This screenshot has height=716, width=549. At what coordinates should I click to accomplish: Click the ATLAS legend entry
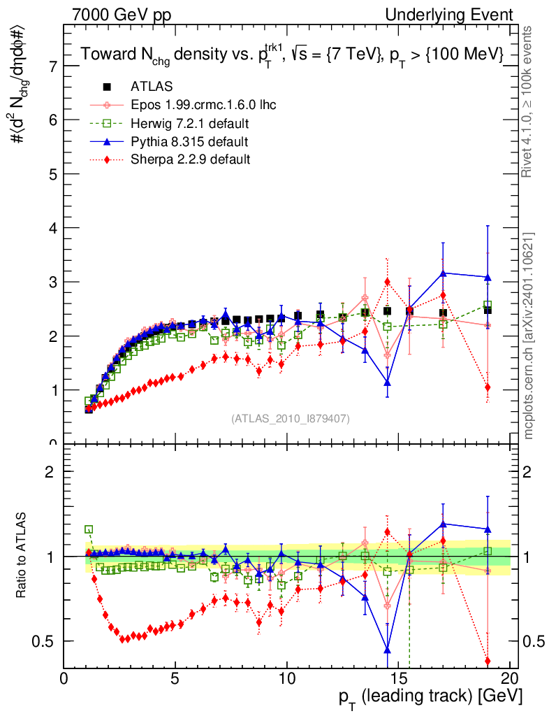[x=152, y=87]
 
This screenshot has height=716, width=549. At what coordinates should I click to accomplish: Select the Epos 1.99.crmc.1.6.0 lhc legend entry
[x=203, y=105]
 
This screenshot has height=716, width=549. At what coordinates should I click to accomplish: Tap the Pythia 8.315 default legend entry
[x=189, y=142]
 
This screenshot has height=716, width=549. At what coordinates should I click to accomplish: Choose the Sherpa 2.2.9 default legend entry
[x=190, y=159]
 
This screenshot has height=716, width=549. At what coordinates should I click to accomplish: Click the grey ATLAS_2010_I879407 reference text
[x=291, y=418]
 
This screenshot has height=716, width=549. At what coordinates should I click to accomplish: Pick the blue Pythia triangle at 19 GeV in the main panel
[x=488, y=277]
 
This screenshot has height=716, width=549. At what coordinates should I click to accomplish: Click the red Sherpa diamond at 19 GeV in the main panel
[x=488, y=387]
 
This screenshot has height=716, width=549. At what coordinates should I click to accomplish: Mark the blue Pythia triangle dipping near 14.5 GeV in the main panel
[x=387, y=382]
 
